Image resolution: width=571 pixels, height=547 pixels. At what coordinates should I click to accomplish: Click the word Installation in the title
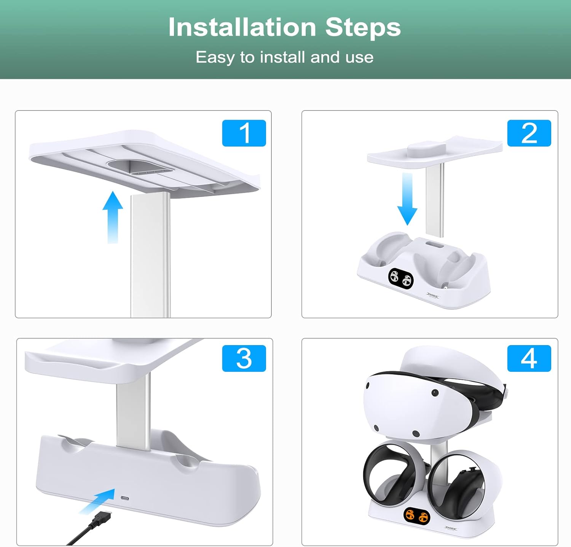(242, 27)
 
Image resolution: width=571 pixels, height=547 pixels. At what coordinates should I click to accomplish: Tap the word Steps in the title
(363, 28)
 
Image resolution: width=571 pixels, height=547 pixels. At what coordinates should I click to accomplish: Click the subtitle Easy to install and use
(284, 58)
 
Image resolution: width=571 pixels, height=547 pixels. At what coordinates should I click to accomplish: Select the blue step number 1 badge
(244, 133)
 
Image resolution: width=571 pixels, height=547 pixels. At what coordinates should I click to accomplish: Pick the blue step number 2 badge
(529, 133)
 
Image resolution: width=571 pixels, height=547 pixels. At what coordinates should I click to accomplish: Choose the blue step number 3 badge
(244, 358)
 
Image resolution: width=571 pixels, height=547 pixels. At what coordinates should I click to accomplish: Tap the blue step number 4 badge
(529, 358)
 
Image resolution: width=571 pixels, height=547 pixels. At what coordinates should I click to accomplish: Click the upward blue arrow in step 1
(113, 217)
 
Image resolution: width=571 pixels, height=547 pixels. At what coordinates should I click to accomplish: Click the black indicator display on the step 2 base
(401, 278)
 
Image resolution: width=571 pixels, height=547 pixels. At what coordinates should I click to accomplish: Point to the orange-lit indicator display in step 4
(417, 517)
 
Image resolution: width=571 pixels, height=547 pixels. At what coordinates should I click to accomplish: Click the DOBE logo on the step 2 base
(432, 295)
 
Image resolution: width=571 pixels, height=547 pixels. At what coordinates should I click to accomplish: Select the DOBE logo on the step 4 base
(451, 528)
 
